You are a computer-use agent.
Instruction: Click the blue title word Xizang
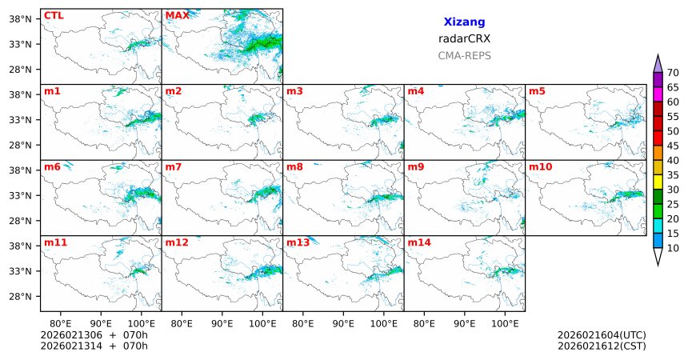pyautogui.click(x=464, y=22)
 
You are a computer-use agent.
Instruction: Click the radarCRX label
pyautogui.click(x=464, y=38)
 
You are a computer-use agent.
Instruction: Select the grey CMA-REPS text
pyautogui.click(x=464, y=56)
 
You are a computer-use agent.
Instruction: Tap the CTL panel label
pyautogui.click(x=54, y=15)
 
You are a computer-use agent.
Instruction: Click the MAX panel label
pyautogui.click(x=177, y=15)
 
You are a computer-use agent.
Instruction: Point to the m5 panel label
pyautogui.click(x=536, y=90)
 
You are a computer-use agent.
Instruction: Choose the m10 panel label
pyautogui.click(x=540, y=166)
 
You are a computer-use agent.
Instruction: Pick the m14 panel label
pyautogui.click(x=418, y=242)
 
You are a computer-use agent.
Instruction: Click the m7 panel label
pyautogui.click(x=174, y=166)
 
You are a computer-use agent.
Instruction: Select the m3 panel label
pyautogui.click(x=294, y=90)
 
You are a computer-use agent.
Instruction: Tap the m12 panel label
pyautogui.click(x=177, y=242)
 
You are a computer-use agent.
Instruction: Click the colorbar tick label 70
pyautogui.click(x=673, y=73)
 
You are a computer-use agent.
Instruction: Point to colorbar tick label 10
pyautogui.click(x=673, y=249)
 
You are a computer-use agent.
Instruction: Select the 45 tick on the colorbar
pyautogui.click(x=673, y=145)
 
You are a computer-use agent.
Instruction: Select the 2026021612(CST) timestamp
pyautogui.click(x=602, y=346)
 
